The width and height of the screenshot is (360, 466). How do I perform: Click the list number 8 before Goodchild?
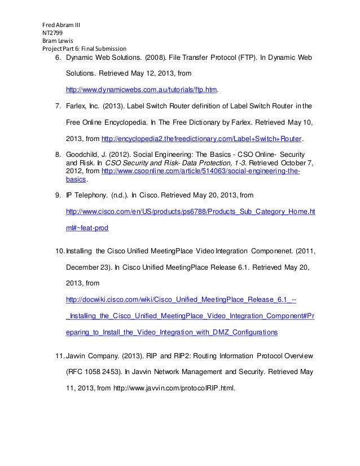58,154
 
